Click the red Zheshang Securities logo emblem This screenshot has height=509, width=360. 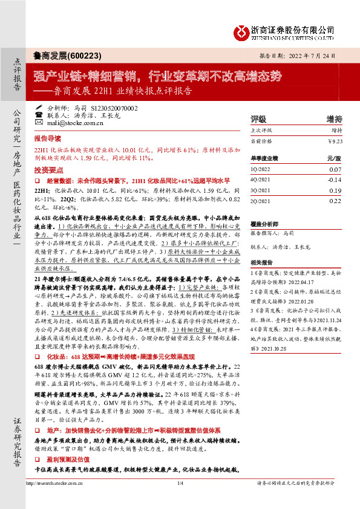click(x=242, y=31)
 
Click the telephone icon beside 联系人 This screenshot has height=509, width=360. click(x=39, y=114)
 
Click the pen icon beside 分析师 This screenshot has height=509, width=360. click(x=39, y=106)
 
